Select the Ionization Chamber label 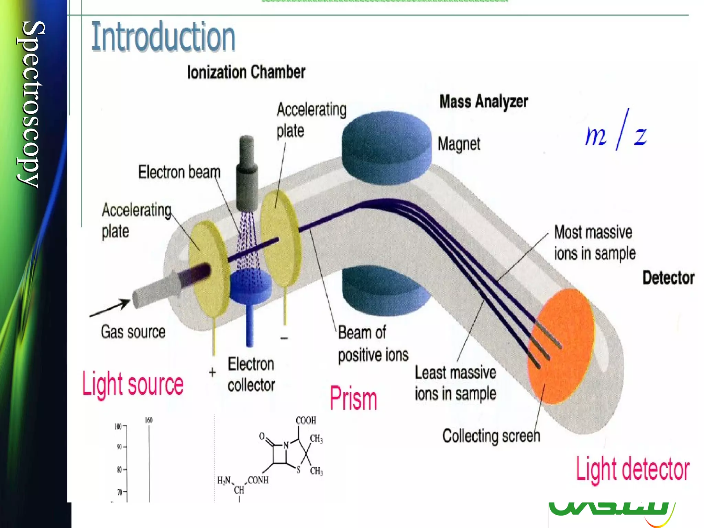coord(246,72)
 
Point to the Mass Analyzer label coord(483,102)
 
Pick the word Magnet coord(459,144)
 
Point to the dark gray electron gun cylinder coord(247,174)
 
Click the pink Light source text coord(133,384)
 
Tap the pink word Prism coord(353,398)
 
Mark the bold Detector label coord(668,278)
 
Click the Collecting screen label coord(491,436)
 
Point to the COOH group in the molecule coord(306,420)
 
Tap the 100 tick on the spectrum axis coord(118,427)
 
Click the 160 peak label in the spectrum coord(148,420)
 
